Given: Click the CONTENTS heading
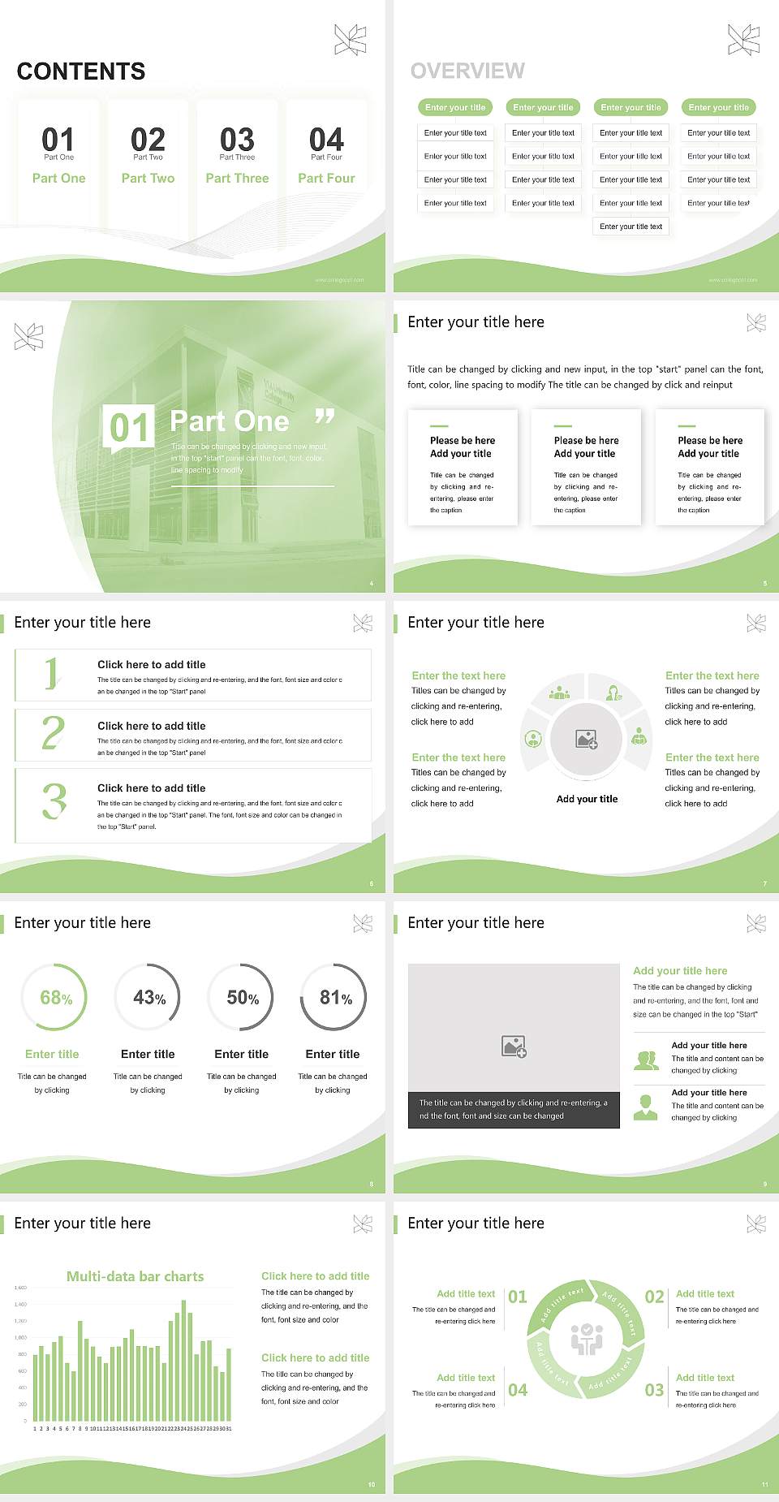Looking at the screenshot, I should (81, 71).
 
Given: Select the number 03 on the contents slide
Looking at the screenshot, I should (237, 140).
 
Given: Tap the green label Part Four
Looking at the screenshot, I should (326, 178).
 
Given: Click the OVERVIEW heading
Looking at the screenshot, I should (467, 71).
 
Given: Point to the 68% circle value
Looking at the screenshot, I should (56, 998).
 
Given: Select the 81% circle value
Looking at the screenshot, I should (335, 998).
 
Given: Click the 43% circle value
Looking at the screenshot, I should (149, 998).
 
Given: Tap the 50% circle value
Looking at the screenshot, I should (243, 998).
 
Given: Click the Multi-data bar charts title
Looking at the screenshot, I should (135, 1276).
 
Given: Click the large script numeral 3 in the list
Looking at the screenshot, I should (54, 801).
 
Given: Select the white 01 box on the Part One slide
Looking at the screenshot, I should (129, 427).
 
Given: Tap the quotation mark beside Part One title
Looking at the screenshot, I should (325, 417).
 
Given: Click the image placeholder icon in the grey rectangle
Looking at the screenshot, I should (514, 1047).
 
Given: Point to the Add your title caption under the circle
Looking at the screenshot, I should (587, 799).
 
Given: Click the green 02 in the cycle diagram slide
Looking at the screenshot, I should (654, 1297).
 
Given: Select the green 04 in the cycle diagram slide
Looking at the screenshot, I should (518, 1390).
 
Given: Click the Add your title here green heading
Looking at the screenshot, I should (680, 970).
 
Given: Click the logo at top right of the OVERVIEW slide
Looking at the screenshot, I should (743, 40).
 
